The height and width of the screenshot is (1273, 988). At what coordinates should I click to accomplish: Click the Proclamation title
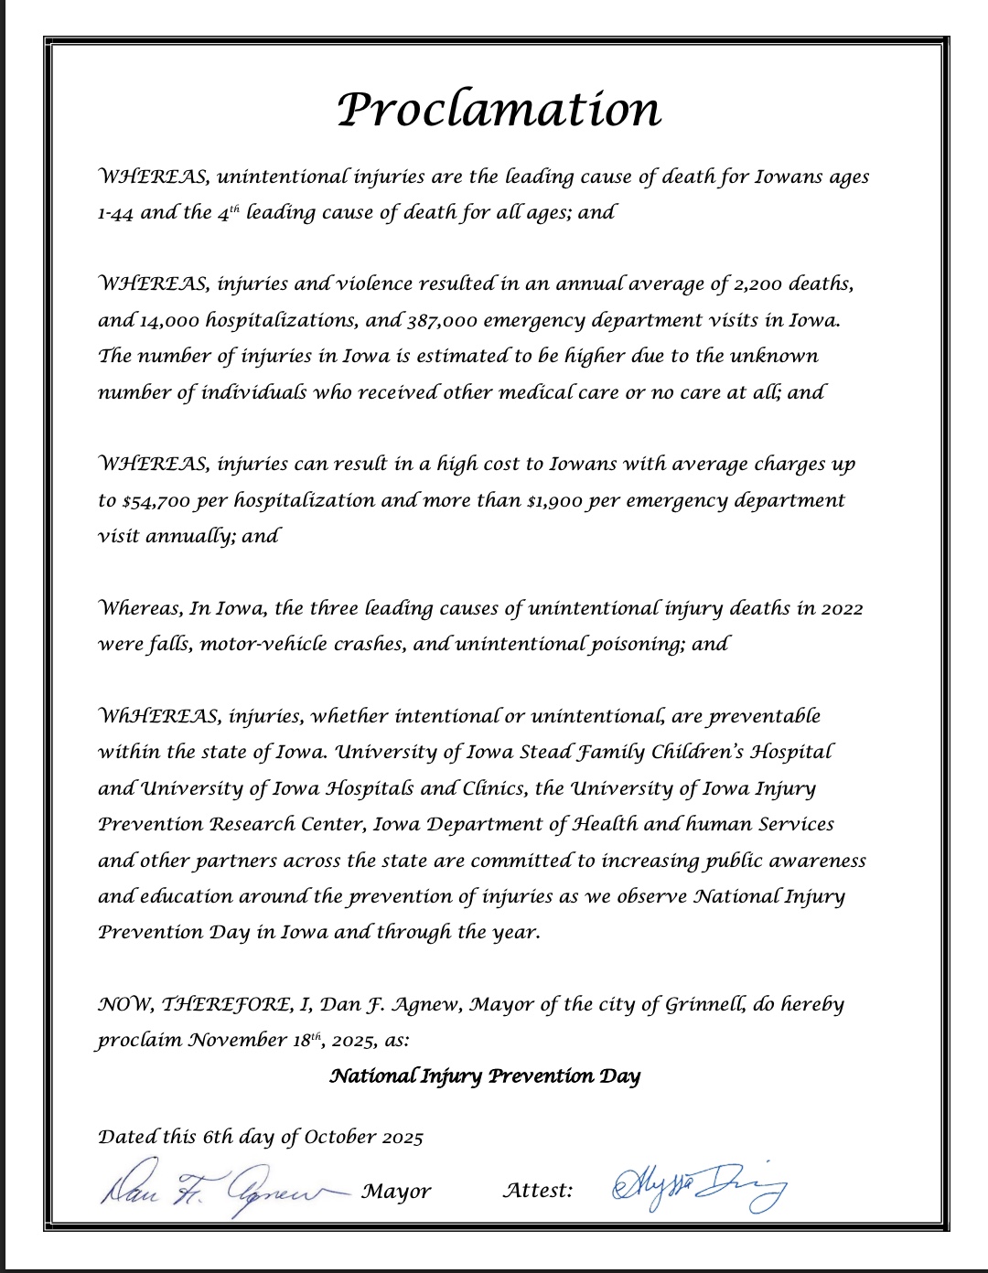(x=499, y=110)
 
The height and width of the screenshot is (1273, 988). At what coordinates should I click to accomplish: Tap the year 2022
(x=842, y=609)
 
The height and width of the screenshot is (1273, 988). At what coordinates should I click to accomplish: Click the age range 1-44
(x=115, y=213)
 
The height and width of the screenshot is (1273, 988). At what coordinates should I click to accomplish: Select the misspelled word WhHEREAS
(x=156, y=717)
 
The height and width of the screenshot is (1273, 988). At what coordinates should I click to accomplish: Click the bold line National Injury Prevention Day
(x=485, y=1076)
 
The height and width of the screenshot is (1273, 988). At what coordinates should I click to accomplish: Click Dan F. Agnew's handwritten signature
(x=220, y=1189)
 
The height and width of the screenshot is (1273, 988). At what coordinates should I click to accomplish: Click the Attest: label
(x=538, y=1191)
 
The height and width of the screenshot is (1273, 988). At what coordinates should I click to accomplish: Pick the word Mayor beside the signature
(x=396, y=1192)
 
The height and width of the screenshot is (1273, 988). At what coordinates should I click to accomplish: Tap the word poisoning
(x=632, y=645)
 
